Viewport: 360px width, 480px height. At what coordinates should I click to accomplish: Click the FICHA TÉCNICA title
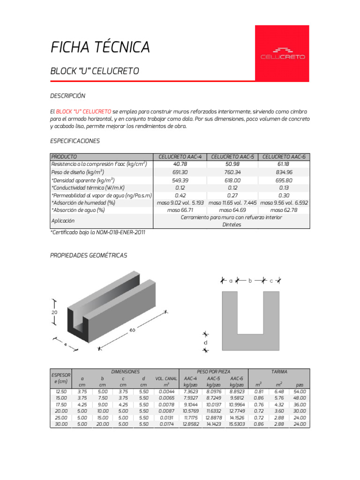(x=100, y=47)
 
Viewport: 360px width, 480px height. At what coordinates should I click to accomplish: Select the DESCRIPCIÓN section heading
(x=67, y=96)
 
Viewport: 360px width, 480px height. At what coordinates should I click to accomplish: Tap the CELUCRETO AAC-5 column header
(x=232, y=157)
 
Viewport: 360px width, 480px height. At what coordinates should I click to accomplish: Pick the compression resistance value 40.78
(x=180, y=164)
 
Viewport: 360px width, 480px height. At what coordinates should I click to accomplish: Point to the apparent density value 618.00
(x=232, y=180)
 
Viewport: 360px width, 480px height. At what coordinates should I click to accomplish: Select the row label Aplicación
(x=63, y=220)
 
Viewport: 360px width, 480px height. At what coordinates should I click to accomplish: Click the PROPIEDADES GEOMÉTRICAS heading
(x=89, y=255)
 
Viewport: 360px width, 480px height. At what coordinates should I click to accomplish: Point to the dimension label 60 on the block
(x=132, y=331)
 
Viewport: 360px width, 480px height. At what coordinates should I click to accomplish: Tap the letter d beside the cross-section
(x=205, y=342)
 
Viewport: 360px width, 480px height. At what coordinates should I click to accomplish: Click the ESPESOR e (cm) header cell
(x=60, y=378)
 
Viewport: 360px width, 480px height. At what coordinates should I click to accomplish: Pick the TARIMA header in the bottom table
(x=279, y=371)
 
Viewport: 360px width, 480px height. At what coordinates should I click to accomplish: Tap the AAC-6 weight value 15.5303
(x=237, y=424)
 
